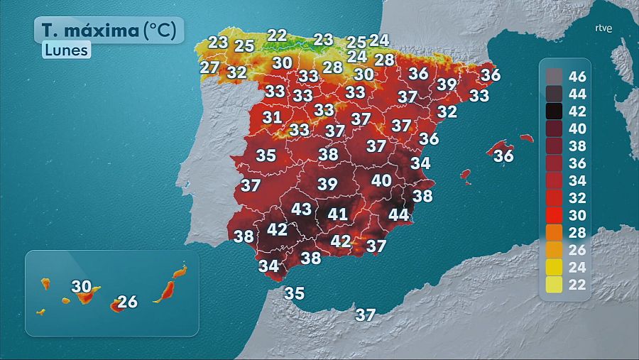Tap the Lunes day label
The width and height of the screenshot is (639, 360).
pyautogui.click(x=65, y=50)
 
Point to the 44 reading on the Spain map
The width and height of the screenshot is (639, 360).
pyautogui.click(x=398, y=214)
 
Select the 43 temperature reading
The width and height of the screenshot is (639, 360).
pyautogui.click(x=302, y=209)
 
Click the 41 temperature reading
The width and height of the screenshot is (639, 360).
pyautogui.click(x=337, y=214)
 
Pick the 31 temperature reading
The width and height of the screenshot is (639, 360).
pyautogui.click(x=272, y=118)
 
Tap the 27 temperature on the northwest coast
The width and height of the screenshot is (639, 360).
pyautogui.click(x=209, y=67)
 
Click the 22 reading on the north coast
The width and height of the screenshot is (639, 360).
pyautogui.click(x=277, y=35)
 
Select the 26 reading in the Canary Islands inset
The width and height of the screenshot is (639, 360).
pyautogui.click(x=127, y=302)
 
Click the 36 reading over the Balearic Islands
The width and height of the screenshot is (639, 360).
pyautogui.click(x=503, y=156)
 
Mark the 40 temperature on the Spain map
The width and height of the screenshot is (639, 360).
pyautogui.click(x=381, y=180)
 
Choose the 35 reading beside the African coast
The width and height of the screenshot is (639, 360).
pyautogui.click(x=294, y=293)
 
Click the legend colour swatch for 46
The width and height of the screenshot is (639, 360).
pyautogui.click(x=554, y=75)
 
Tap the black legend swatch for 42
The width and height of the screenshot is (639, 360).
pyautogui.click(x=554, y=110)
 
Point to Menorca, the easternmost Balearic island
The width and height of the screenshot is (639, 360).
pyautogui.click(x=526, y=138)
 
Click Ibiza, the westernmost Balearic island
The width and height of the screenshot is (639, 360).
pyautogui.click(x=466, y=174)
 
